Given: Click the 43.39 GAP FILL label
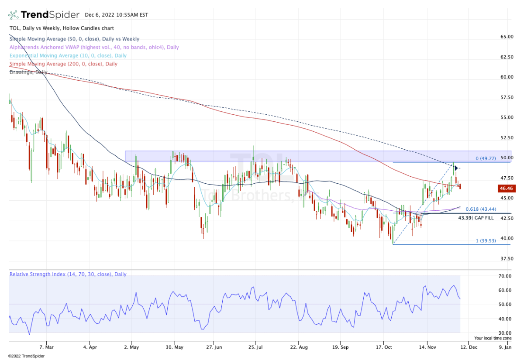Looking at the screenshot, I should [x=476, y=217].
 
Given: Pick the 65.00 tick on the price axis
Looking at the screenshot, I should [x=507, y=37].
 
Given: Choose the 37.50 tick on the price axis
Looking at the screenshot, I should [x=507, y=258].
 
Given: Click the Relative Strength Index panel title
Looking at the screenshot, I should [x=68, y=274].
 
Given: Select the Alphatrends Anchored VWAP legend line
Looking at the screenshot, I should [x=94, y=47].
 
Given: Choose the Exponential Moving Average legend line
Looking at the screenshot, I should [x=68, y=55].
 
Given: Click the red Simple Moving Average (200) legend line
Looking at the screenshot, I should [x=63, y=64].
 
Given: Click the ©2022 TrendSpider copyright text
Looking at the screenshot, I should [x=26, y=356].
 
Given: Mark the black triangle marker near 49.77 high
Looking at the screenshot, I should [x=455, y=168].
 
